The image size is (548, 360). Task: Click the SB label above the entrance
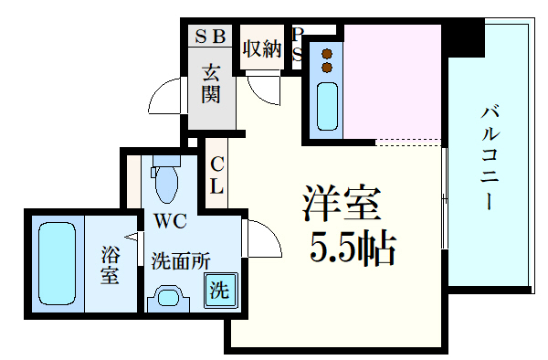coord(210,37)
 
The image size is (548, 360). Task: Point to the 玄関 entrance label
coord(211,83)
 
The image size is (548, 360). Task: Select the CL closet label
coord(217,175)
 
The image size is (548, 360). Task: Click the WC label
coord(170,221)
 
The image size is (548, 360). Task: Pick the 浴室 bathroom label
coord(110,264)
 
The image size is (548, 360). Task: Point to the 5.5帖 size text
coord(352,248)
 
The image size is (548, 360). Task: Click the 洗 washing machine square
coord(220,291)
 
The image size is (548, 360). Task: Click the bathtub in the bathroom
coord(56,261)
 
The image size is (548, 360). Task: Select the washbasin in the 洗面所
coord(167,297)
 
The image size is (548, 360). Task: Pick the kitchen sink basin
coord(326,107)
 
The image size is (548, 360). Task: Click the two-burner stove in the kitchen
coord(325,60)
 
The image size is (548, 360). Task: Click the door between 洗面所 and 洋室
coord(256,241)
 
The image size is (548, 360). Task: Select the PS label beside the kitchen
coord(297,44)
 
